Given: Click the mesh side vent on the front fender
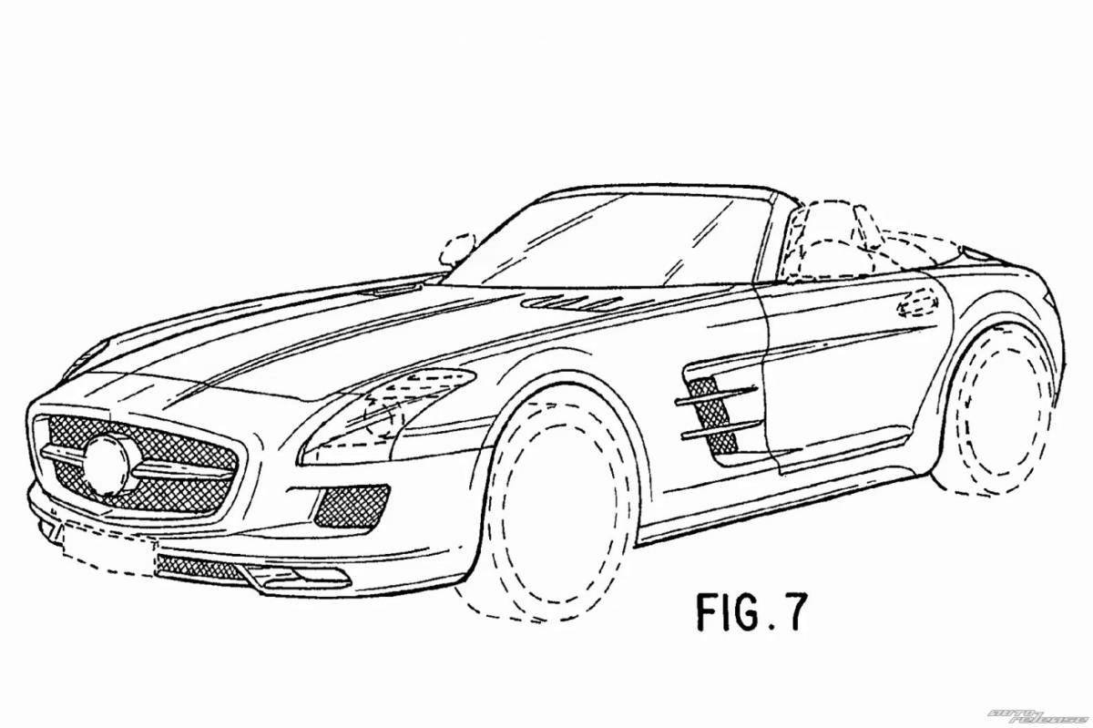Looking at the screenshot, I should pos(710,415).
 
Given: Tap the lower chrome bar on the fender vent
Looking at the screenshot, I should pos(720,429).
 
